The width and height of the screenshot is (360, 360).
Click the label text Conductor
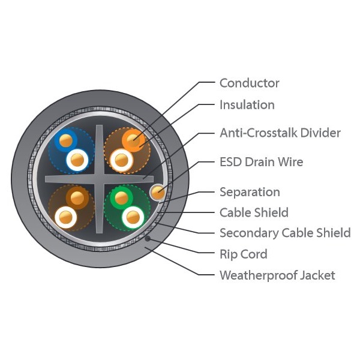coord(249,83)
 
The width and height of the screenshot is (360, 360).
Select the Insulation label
coord(247,104)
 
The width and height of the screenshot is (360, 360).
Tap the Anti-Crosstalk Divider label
coord(280,133)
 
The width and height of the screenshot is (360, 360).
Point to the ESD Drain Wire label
coord(261,161)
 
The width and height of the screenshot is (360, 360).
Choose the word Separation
coord(250,192)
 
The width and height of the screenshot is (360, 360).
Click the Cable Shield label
coord(254,212)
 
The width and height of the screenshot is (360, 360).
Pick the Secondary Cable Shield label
coord(285,233)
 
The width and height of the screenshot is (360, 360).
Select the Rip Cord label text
coord(243,254)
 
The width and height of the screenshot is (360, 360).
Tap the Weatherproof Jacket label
coord(277,275)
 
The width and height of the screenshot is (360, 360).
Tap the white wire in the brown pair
coord(65,215)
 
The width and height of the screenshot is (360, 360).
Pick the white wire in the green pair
coord(132,215)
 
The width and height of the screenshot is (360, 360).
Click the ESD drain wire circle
coord(157,192)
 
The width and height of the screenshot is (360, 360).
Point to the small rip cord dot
coord(148,239)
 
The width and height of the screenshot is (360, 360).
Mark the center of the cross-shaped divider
coord(99,178)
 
